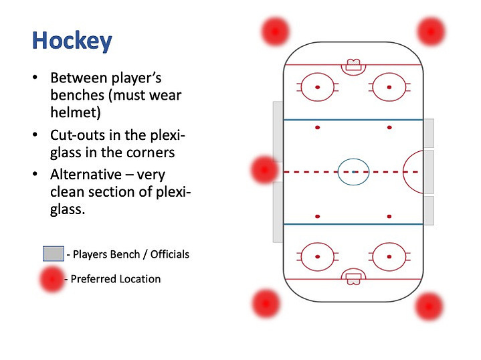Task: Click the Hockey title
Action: click(x=72, y=41)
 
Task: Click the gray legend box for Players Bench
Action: click(x=54, y=254)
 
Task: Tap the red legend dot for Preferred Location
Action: click(x=52, y=279)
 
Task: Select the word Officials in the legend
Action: click(x=170, y=254)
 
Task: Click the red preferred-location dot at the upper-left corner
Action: click(x=275, y=31)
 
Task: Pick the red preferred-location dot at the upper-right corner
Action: click(x=431, y=31)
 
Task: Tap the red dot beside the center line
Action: click(x=264, y=170)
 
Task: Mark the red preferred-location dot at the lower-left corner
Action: click(x=266, y=304)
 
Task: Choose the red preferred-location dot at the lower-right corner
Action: click(x=429, y=306)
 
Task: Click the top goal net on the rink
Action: click(x=353, y=65)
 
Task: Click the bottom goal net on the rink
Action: click(x=353, y=279)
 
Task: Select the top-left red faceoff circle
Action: click(x=318, y=74)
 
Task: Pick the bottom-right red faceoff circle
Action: click(x=389, y=243)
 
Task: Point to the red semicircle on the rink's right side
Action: click(x=403, y=172)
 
